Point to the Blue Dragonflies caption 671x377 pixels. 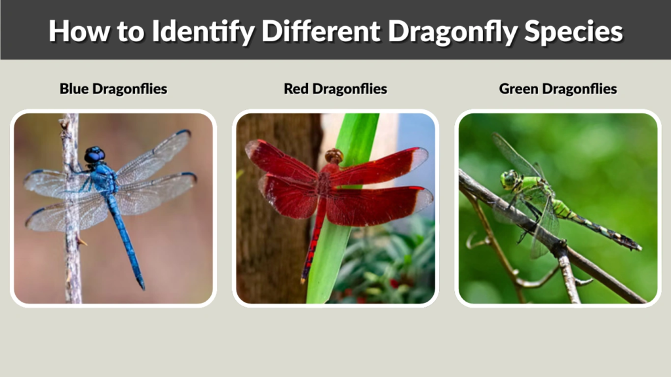click(x=113, y=88)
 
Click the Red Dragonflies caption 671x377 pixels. click(x=335, y=88)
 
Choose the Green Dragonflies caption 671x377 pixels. click(x=558, y=88)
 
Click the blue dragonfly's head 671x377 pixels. click(x=94, y=154)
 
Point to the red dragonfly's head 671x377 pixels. click(x=334, y=156)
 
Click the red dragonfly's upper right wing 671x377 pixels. click(x=387, y=165)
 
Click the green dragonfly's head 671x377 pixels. click(x=510, y=179)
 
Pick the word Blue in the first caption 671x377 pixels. click(x=73, y=88)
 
